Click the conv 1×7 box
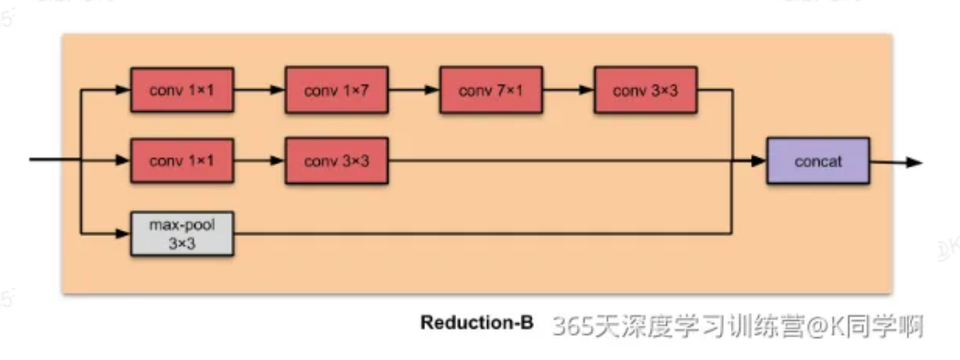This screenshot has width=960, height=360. (336, 90)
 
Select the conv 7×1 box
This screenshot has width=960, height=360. (491, 90)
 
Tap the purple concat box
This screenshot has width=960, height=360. (818, 161)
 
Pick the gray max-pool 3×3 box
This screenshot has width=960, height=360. (182, 233)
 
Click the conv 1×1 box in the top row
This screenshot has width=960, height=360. (182, 90)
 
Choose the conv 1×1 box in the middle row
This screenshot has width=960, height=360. (182, 161)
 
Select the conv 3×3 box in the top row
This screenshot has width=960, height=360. (645, 90)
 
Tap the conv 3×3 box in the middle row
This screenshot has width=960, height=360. (336, 161)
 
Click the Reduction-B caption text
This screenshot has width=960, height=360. (476, 323)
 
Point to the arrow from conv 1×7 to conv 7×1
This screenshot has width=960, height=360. (413, 90)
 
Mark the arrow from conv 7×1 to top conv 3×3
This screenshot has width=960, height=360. (568, 90)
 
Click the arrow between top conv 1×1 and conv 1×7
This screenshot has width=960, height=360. (259, 90)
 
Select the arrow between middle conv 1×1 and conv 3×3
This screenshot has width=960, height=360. (259, 161)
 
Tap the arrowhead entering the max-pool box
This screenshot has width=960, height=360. (124, 233)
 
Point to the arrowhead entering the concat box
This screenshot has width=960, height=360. (760, 162)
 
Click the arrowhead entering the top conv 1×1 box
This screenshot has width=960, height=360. (124, 90)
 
